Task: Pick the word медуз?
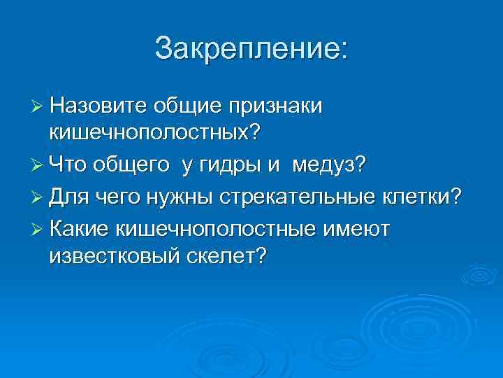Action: (x=329, y=165)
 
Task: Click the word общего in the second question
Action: (x=136, y=165)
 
